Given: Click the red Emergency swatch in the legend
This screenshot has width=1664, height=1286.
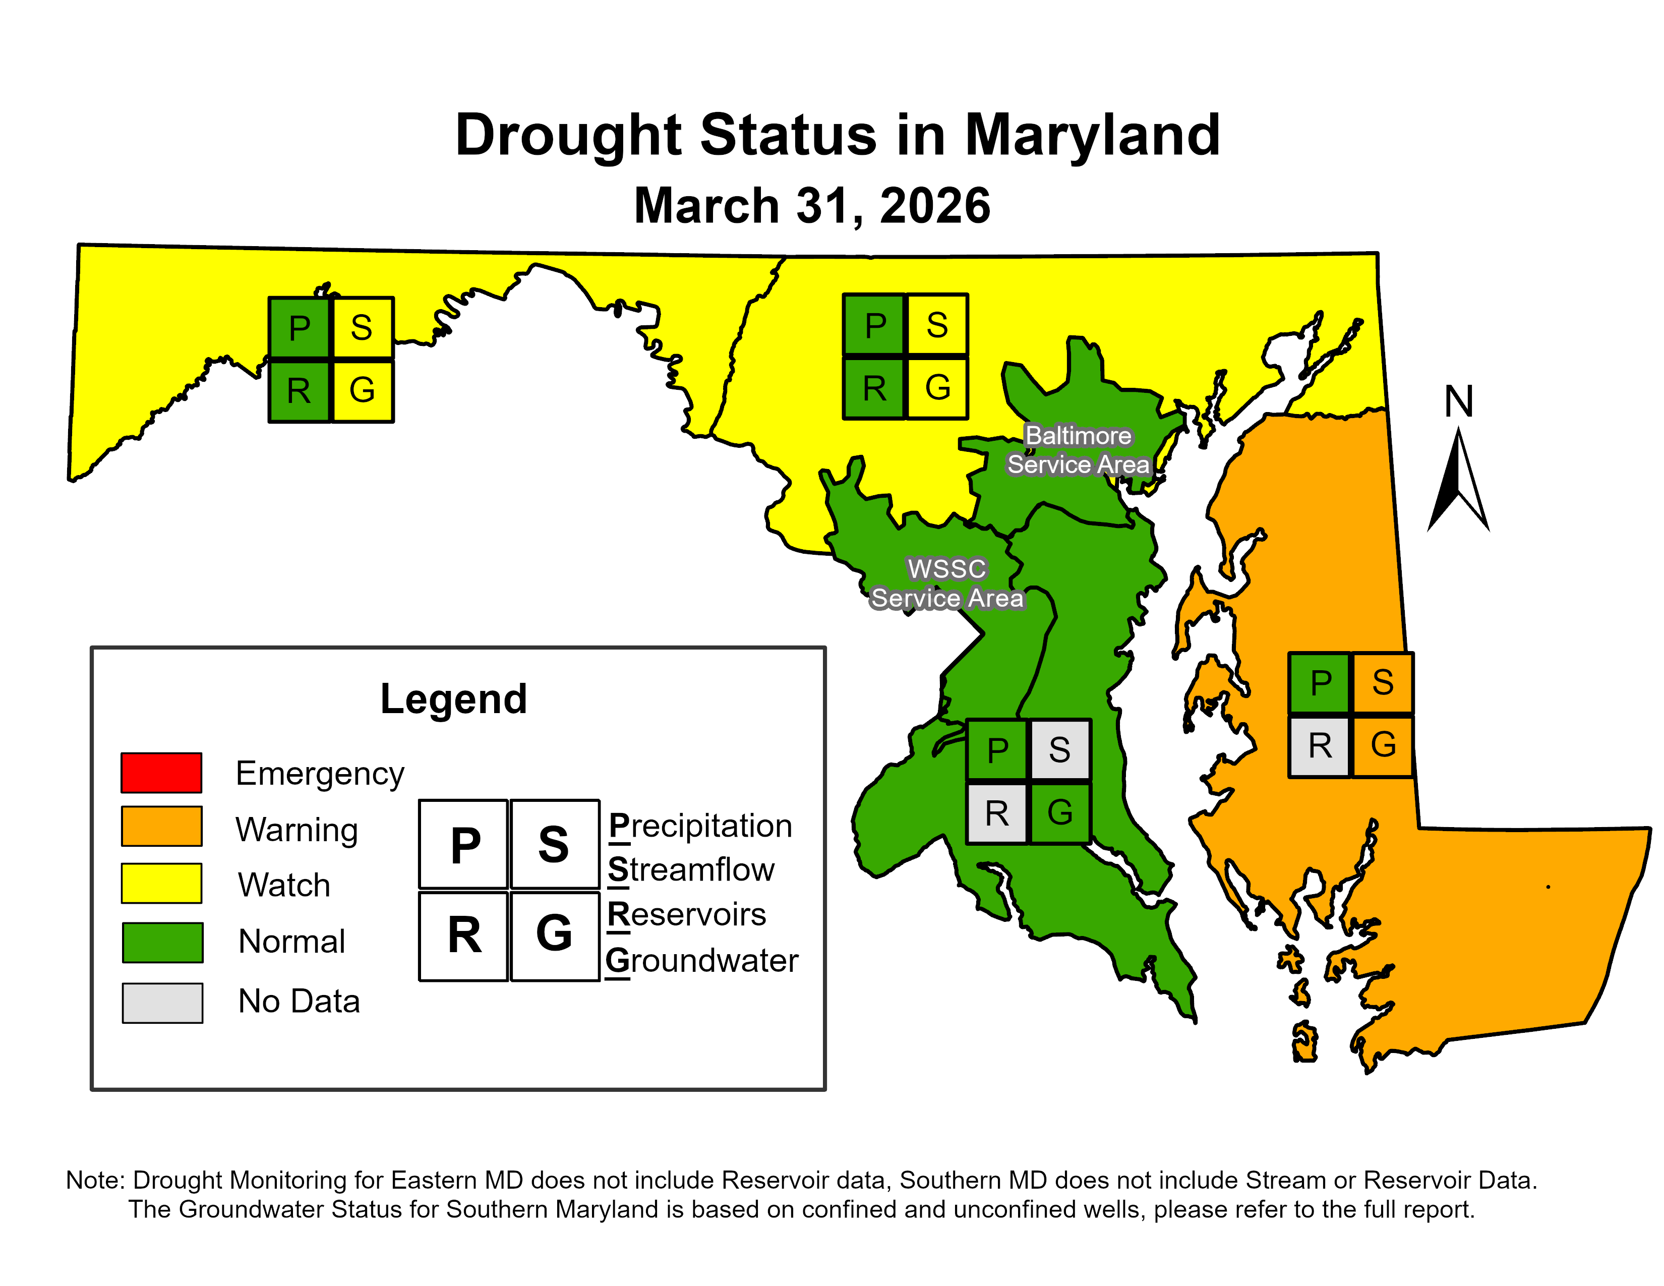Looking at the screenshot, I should (161, 773).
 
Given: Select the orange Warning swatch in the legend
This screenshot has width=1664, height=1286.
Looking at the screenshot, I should (161, 827).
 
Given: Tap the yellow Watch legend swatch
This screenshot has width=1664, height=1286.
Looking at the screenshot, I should (161, 883).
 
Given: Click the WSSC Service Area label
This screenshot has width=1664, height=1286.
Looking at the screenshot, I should (947, 583).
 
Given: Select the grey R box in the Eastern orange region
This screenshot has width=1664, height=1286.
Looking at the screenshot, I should (1320, 746).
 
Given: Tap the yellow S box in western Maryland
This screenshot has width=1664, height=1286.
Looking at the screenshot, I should (362, 328).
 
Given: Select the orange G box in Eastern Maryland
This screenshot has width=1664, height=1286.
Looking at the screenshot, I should (1383, 746).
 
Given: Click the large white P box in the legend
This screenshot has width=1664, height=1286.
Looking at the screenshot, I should (464, 844).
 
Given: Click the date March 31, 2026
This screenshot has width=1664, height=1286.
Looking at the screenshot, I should (812, 206).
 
